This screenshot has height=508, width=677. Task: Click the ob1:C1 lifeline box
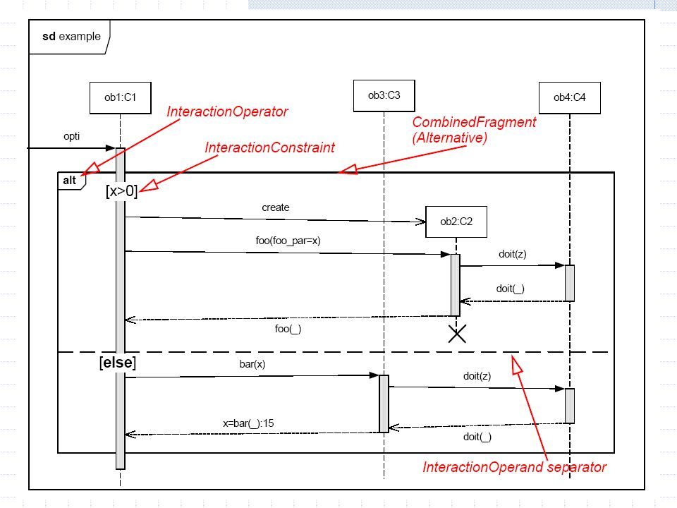click(x=121, y=98)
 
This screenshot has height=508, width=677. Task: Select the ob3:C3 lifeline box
click(x=384, y=96)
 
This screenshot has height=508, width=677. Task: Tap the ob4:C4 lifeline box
click(x=570, y=98)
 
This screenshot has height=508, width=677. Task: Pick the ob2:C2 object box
click(x=456, y=222)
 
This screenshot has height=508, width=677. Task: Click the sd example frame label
click(x=71, y=36)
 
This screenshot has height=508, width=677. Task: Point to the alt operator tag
click(x=70, y=181)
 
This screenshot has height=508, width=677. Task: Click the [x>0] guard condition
click(x=121, y=191)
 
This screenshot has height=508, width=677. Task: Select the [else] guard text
click(x=118, y=363)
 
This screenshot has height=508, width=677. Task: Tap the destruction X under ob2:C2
click(x=457, y=334)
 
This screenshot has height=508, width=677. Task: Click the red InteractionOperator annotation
click(x=227, y=111)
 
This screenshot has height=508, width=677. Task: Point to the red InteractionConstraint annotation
click(x=270, y=147)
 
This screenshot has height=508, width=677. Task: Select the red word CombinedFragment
click(x=474, y=122)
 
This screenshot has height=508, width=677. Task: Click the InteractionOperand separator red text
click(x=514, y=467)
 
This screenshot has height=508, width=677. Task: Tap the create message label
click(x=276, y=207)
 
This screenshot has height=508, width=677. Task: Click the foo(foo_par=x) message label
click(x=288, y=241)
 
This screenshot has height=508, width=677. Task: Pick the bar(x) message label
click(x=252, y=364)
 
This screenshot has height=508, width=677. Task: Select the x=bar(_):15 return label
click(x=248, y=423)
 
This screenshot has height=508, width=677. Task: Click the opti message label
click(x=72, y=136)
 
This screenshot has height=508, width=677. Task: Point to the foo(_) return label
click(x=288, y=329)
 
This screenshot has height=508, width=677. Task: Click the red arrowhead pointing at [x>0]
click(x=149, y=185)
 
